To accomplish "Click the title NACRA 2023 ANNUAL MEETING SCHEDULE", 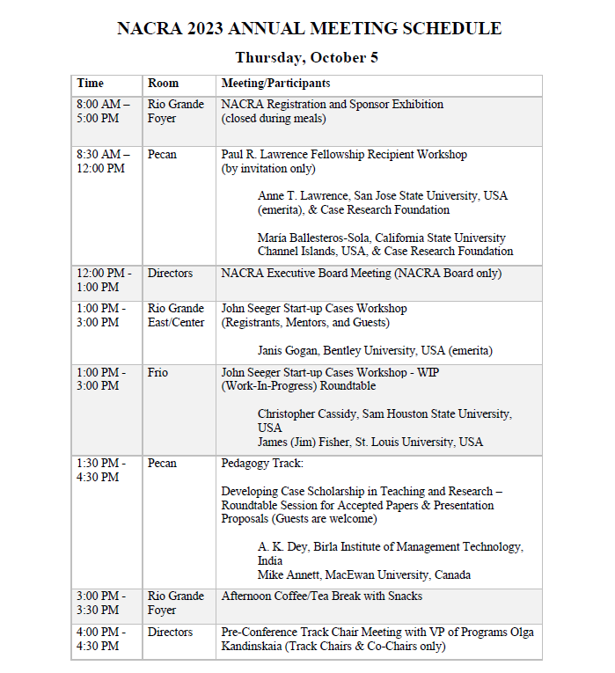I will tap(309, 28).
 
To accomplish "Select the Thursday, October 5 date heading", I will tap(307, 58).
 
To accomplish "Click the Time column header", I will tap(90, 84).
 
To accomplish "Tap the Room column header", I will tap(163, 84).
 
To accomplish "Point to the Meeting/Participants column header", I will tap(275, 84).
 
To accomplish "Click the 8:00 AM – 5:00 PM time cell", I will tap(103, 112).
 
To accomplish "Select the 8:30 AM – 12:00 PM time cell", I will tap(103, 162).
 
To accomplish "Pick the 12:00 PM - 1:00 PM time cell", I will tap(103, 281).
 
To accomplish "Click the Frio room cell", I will tap(157, 373).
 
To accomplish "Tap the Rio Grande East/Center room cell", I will tap(175, 316).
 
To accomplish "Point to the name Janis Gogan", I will tap(294, 351).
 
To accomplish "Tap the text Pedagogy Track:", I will tap(262, 464).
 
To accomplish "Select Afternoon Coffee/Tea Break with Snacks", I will tap(321, 596).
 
